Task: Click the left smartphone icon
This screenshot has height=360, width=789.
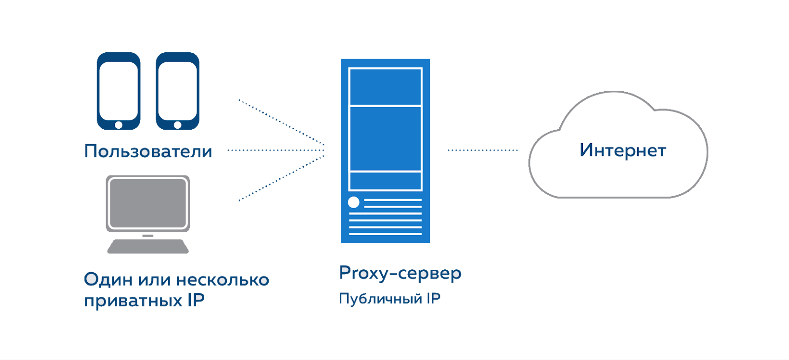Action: tap(118, 91)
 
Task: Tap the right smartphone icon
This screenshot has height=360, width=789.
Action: tap(178, 91)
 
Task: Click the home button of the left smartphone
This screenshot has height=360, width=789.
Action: tap(118, 125)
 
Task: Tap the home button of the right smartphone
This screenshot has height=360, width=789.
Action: tap(178, 125)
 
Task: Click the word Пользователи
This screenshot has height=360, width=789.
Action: tap(148, 151)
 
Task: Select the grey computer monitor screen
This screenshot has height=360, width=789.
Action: tap(148, 203)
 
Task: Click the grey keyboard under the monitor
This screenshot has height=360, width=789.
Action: tap(148, 246)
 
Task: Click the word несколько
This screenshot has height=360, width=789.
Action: tap(222, 280)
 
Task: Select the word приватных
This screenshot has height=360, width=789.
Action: tap(133, 300)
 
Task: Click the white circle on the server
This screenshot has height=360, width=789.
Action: tap(354, 202)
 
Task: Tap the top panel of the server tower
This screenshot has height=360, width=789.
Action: tap(385, 87)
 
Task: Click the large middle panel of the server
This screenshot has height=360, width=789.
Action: tap(385, 139)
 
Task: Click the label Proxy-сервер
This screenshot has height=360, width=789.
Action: tap(400, 273)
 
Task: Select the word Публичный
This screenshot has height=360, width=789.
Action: tap(380, 299)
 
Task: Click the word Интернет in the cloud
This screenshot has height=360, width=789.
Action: tap(622, 150)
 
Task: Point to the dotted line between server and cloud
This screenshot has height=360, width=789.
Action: tap(482, 150)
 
